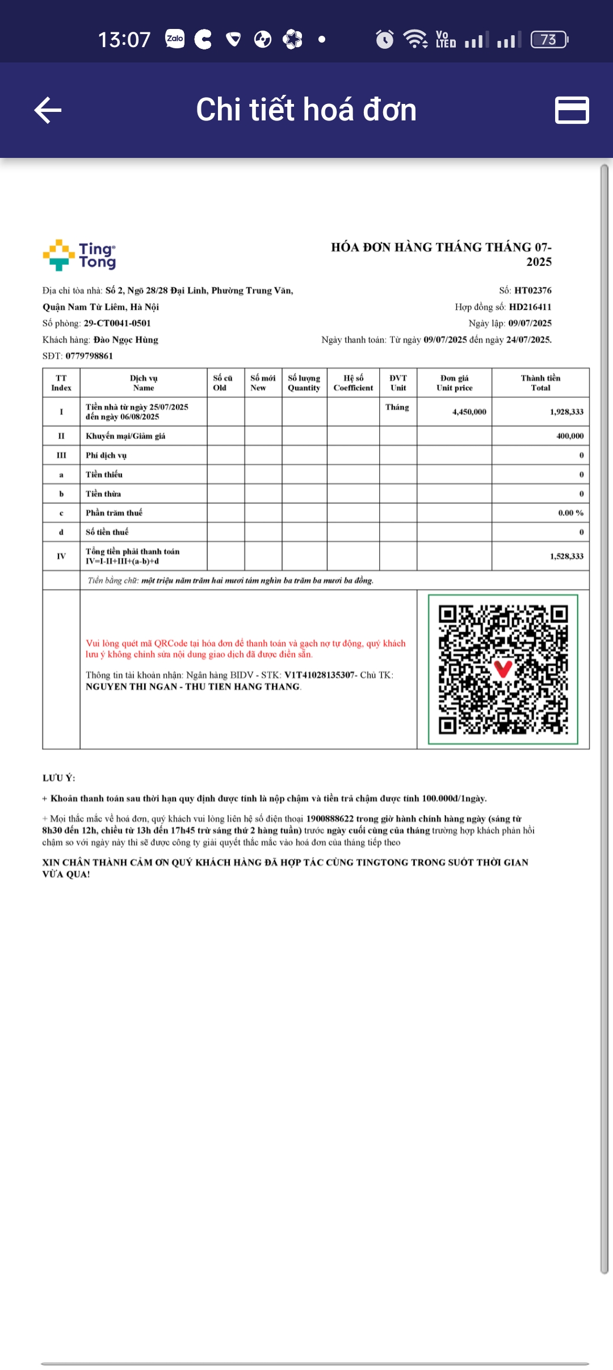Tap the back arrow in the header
click(x=48, y=110)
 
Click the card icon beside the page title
click(x=572, y=110)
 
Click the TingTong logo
click(x=79, y=255)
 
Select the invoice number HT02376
click(x=532, y=290)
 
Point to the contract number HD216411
click(x=530, y=307)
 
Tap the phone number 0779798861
click(x=89, y=356)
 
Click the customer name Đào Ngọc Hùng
click(x=125, y=340)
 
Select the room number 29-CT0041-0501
click(x=117, y=323)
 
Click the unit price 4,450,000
click(x=469, y=412)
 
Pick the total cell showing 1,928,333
click(x=566, y=412)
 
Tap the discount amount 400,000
click(x=569, y=436)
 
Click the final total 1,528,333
click(x=566, y=556)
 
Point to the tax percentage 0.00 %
click(x=570, y=513)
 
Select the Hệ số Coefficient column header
click(x=353, y=383)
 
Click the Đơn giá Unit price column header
click(x=454, y=383)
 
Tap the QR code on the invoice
click(x=503, y=669)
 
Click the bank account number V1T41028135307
click(x=320, y=675)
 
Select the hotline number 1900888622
click(x=330, y=818)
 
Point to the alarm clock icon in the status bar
click(x=384, y=39)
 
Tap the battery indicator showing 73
click(x=549, y=39)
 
